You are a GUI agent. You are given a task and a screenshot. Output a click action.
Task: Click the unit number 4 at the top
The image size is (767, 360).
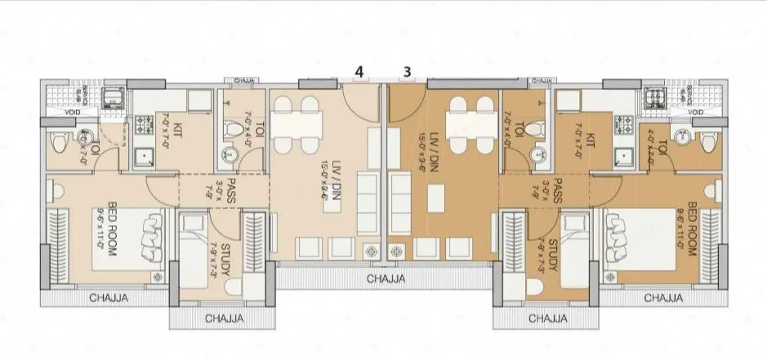pos(359,71)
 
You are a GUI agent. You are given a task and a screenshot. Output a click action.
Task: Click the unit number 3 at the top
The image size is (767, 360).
pos(407,71)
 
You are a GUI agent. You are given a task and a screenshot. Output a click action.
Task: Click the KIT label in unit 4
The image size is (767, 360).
pos(177,130)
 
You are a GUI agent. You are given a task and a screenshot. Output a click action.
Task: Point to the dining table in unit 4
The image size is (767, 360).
pos(295,124)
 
